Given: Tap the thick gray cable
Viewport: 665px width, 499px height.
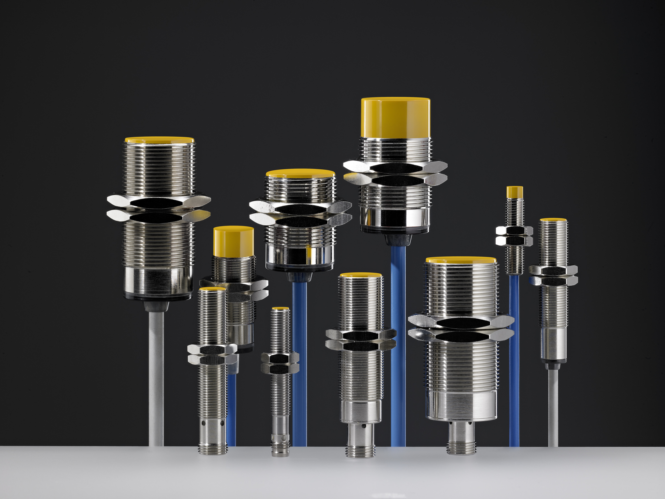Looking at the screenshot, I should pos(156,376).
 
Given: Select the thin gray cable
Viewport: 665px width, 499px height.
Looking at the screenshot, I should pos(553,406).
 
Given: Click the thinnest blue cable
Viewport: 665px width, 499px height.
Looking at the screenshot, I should pos(514,361).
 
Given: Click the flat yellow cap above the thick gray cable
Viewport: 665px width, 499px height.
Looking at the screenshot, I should pos(159,140).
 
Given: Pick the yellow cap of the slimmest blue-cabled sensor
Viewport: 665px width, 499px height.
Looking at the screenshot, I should pos(514,192).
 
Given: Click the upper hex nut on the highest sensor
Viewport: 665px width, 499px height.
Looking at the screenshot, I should pos(395,167).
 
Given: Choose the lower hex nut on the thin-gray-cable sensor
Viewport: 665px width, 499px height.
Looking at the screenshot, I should pos(553,281).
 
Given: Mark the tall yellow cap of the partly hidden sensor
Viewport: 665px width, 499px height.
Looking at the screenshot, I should pos(234,241).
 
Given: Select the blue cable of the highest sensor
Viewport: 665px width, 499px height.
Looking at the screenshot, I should pos(398,346).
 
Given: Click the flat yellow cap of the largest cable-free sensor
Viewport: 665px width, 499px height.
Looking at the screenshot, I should pos(461,260).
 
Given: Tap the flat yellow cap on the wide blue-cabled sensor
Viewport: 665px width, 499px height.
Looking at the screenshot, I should pos(300,173).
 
